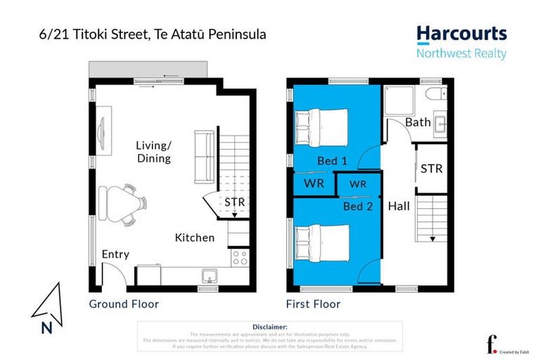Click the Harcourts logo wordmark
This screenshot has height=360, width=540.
(461, 34)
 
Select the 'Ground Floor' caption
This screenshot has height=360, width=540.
(124, 304)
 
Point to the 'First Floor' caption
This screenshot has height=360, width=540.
(313, 304)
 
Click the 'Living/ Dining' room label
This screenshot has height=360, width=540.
(153, 152)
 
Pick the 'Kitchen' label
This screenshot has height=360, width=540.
(195, 238)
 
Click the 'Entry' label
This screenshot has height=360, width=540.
(115, 254)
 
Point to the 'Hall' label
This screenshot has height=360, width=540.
(399, 207)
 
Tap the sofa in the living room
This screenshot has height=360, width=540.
(204, 156)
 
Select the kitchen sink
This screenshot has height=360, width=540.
(209, 275)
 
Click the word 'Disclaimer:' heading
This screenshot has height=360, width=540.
(269, 327)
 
